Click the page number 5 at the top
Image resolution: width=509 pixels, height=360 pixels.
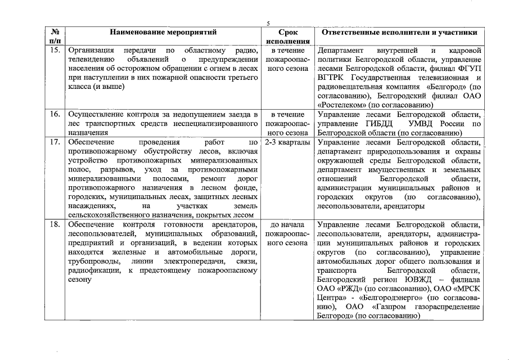tap(268, 22)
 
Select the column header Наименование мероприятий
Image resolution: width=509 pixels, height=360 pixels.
tap(163, 33)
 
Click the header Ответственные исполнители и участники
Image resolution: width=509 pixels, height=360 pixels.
tap(399, 33)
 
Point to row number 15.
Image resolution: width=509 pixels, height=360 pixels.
tap(55, 51)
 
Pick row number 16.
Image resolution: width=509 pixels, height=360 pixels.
tap(55, 114)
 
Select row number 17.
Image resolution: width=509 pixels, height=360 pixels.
tap(55, 142)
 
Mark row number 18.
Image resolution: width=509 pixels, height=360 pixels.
tap(55, 225)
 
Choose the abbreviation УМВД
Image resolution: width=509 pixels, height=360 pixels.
tap(426, 124)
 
